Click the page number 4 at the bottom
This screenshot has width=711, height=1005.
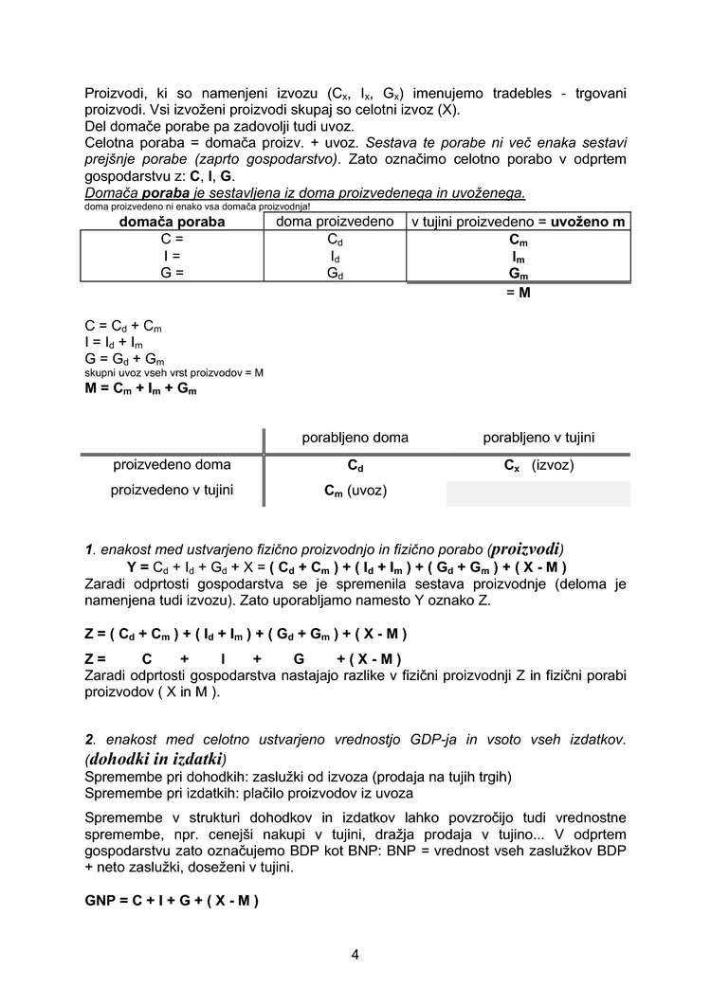(355, 954)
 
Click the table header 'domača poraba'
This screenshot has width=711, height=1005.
(172, 222)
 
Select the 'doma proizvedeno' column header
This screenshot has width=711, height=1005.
(335, 221)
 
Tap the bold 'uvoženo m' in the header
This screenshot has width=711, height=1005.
(588, 222)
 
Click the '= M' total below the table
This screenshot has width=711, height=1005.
(518, 292)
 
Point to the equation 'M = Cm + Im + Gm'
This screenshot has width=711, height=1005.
(140, 388)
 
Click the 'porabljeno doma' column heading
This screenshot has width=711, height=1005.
(355, 438)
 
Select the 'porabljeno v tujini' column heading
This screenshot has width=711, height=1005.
(538, 438)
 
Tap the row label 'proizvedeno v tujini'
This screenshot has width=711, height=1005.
(172, 490)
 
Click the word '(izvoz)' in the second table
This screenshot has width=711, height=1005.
(553, 466)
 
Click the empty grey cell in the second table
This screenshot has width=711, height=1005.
(538, 494)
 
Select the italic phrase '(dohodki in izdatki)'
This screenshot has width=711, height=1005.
(156, 759)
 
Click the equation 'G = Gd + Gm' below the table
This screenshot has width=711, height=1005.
(124, 359)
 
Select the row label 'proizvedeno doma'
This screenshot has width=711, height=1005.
(172, 465)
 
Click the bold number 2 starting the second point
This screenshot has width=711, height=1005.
(89, 738)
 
